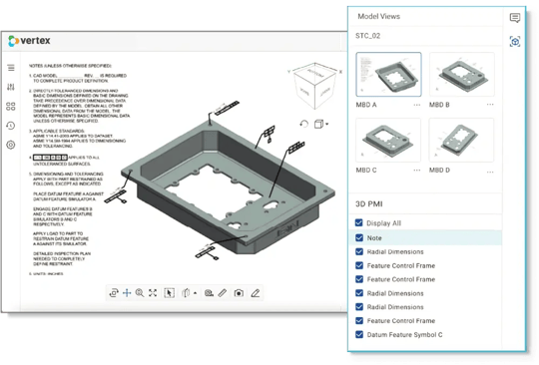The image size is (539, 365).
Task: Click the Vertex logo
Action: click(32, 40)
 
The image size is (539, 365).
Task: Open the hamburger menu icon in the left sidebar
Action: click(11, 69)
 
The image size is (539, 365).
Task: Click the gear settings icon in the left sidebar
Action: click(11, 145)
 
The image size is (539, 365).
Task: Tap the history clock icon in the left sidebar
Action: click(11, 126)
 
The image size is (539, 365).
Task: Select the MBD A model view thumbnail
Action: click(388, 78)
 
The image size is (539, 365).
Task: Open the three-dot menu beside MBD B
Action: click(490, 105)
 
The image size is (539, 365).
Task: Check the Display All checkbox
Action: click(359, 223)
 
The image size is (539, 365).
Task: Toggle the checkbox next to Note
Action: click(359, 238)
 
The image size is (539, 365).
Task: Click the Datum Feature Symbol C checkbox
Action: click(359, 335)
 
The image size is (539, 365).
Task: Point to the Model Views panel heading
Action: click(379, 17)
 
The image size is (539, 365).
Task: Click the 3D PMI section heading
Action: click(371, 203)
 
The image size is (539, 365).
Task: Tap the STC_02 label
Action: click(368, 36)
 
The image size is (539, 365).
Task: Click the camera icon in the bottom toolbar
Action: click(239, 293)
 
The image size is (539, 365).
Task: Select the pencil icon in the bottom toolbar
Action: click(256, 293)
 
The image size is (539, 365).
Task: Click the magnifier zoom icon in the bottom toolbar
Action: click(140, 293)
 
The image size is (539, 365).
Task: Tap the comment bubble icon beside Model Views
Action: click(515, 18)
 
